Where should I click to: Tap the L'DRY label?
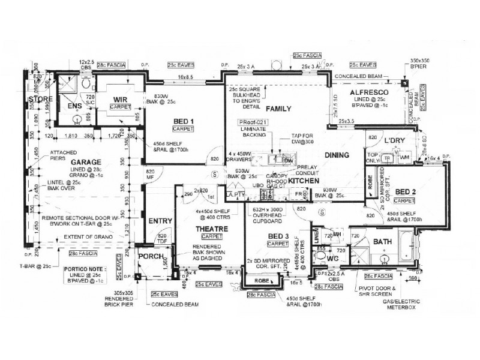coord(395,140)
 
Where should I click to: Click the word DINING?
coord(337,156)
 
